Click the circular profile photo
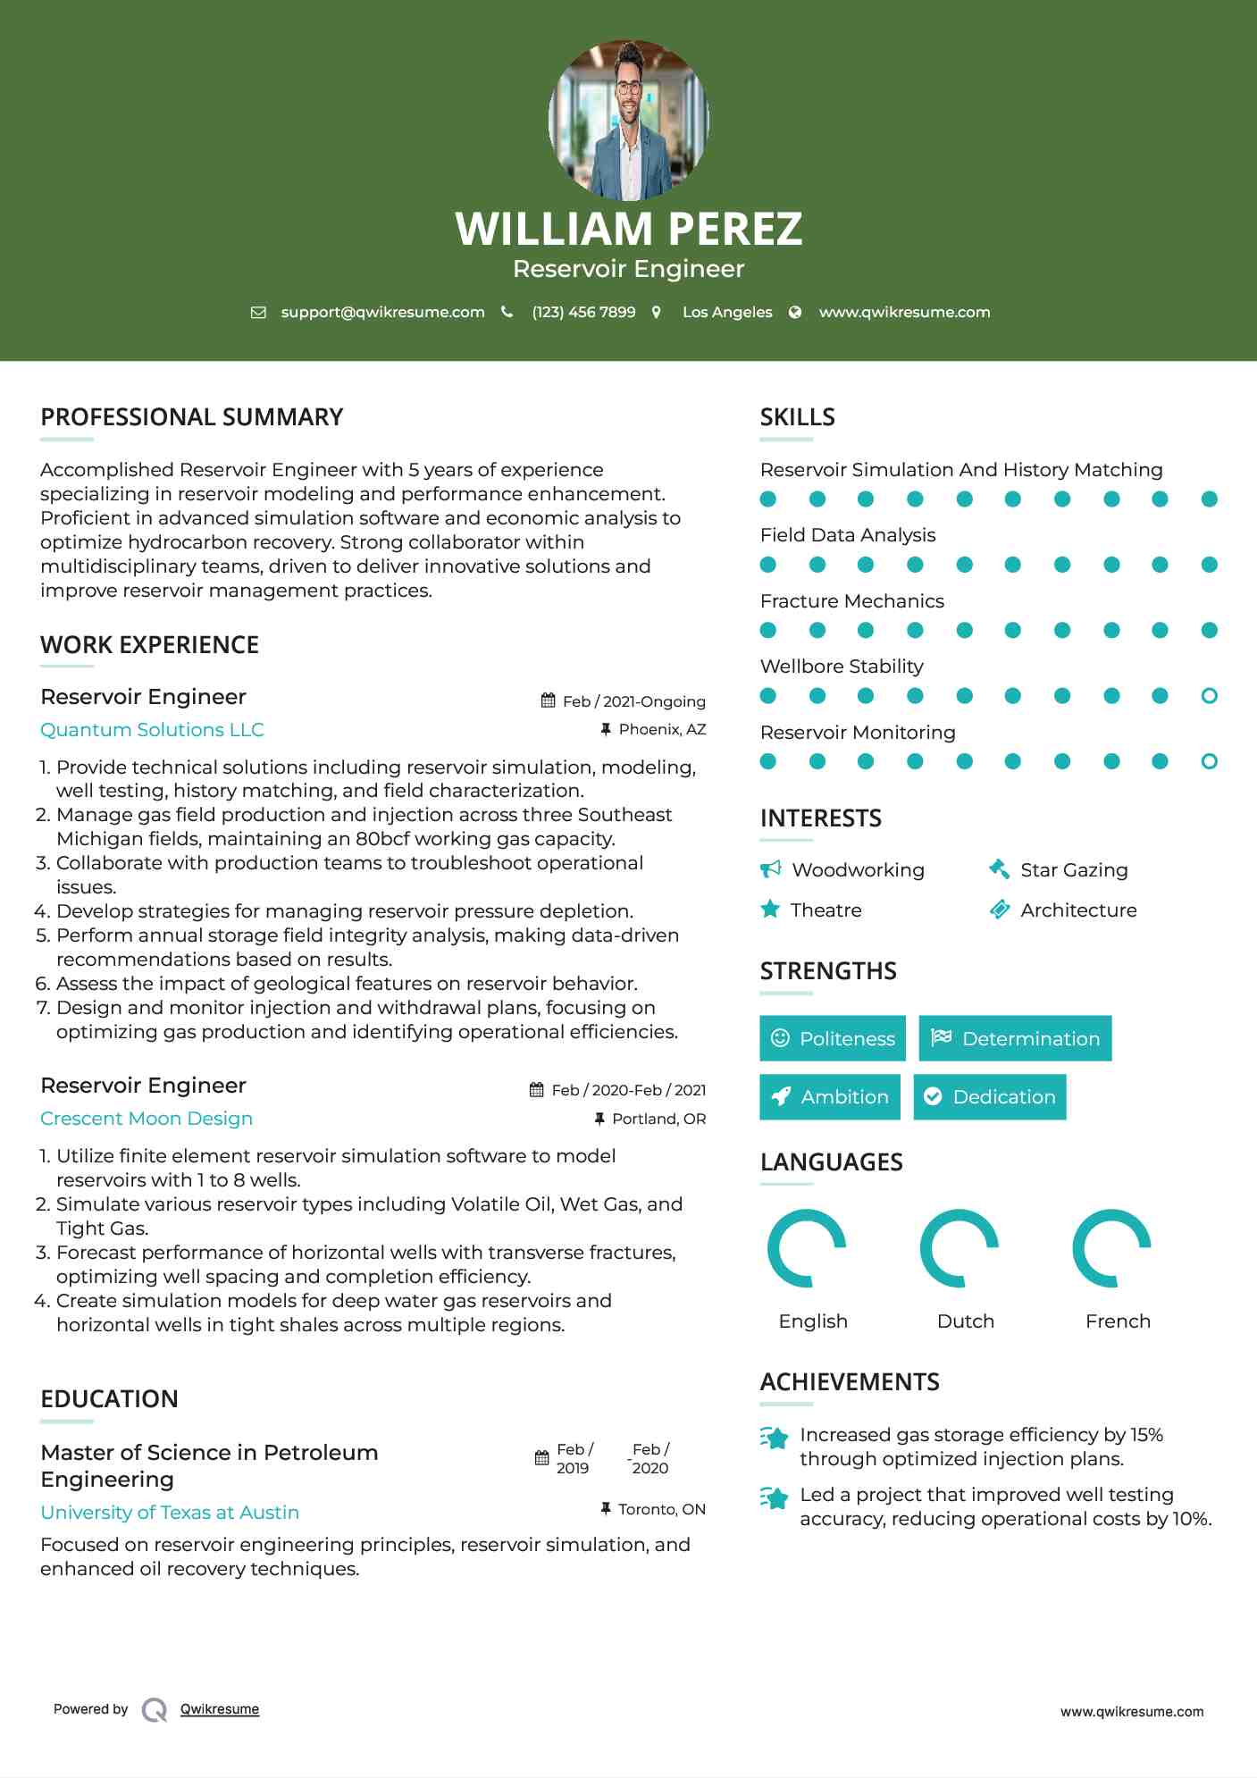[x=628, y=120]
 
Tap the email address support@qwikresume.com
[x=382, y=312]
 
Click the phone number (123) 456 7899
[x=583, y=312]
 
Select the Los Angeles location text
[x=726, y=312]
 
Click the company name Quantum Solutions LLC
[x=152, y=730]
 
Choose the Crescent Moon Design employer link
[x=147, y=1119]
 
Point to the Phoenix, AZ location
[x=662, y=729]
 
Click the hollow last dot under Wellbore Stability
[x=1209, y=696]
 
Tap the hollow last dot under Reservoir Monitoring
[x=1209, y=761]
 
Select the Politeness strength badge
[x=833, y=1038]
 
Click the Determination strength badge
[x=1015, y=1038]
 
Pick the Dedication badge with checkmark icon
[x=990, y=1097]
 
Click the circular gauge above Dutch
[x=960, y=1248]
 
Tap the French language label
[x=1118, y=1321]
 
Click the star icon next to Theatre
[x=770, y=910]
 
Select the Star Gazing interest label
[x=1074, y=870]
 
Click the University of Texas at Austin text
[x=170, y=1513]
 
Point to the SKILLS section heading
[x=797, y=417]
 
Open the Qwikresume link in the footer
[x=220, y=1709]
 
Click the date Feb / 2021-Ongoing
[x=633, y=701]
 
